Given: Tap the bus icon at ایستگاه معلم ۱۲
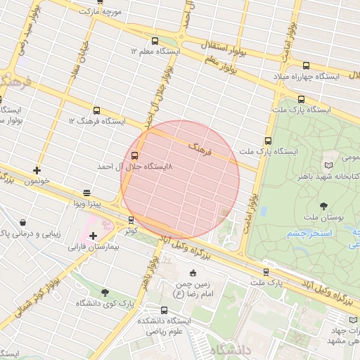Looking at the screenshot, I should pyautogui.click(x=155, y=41).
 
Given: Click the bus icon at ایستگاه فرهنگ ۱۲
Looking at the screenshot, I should pyautogui.click(x=96, y=110).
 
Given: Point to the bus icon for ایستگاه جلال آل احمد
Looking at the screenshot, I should pyautogui.click(x=134, y=156).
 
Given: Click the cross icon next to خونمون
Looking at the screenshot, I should pyautogui.click(x=37, y=170).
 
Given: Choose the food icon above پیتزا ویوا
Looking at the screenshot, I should pyautogui.click(x=86, y=192).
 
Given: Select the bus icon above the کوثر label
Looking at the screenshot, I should pyautogui.click(x=134, y=218).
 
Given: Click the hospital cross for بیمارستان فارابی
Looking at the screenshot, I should pyautogui.click(x=93, y=235).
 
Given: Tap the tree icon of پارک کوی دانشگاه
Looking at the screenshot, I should pyautogui.click(x=105, y=292).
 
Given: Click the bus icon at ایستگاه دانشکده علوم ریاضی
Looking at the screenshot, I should pyautogui.click(x=165, y=310).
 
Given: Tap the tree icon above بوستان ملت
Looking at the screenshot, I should pyautogui.click(x=323, y=206).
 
